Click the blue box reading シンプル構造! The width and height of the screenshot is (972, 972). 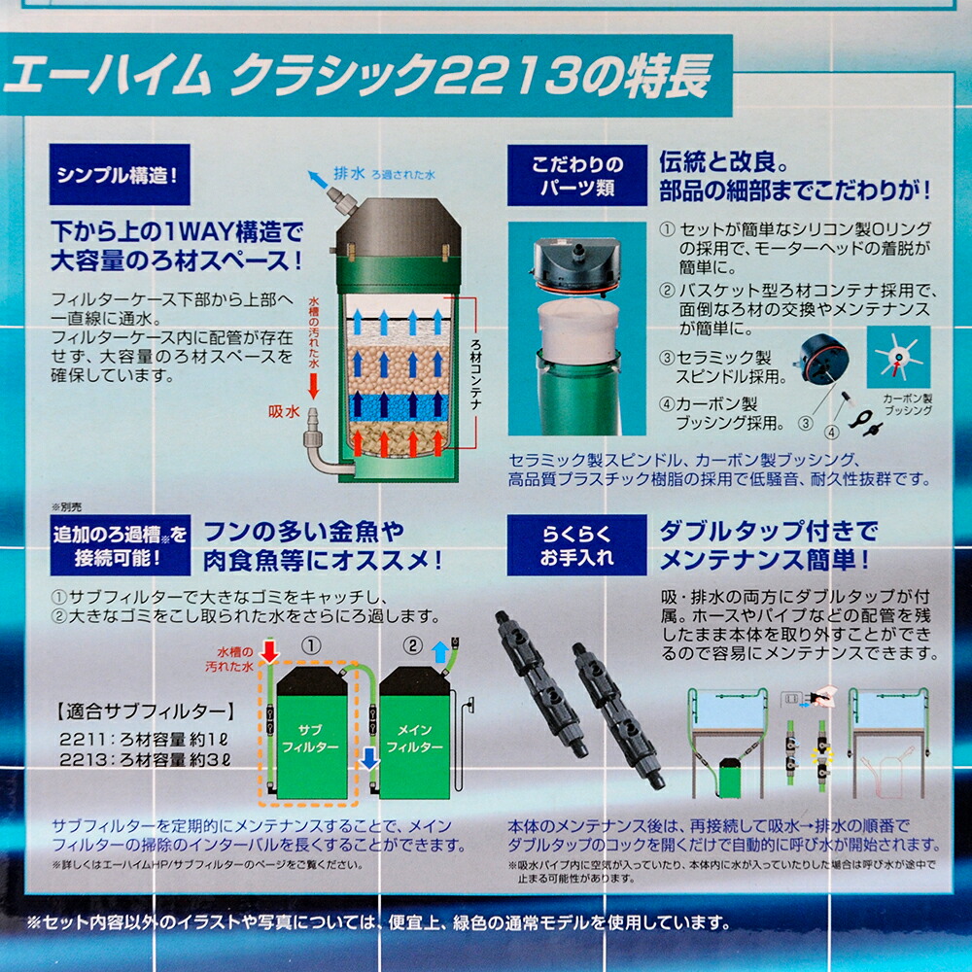119,178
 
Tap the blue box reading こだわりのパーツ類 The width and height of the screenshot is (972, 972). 576,176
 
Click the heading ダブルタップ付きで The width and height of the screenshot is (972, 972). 768,532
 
